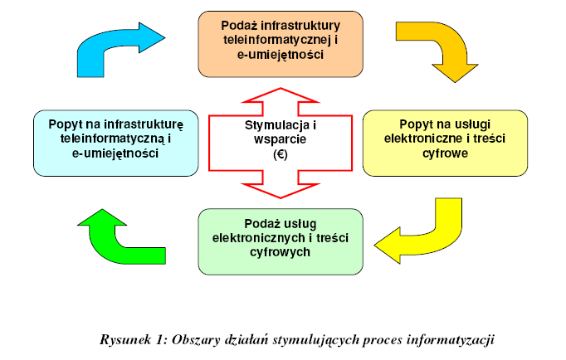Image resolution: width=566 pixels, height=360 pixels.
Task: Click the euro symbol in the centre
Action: click(x=281, y=154)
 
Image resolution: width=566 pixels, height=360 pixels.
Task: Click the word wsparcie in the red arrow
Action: click(x=281, y=139)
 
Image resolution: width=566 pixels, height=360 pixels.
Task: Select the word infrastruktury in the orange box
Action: click(x=300, y=26)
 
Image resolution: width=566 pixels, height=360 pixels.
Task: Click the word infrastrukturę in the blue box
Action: click(x=144, y=124)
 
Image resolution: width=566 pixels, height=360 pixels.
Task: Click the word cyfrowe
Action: click(x=445, y=153)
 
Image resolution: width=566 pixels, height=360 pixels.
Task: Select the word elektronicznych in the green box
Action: click(x=259, y=238)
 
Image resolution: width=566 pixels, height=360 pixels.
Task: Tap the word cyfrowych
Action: click(x=281, y=252)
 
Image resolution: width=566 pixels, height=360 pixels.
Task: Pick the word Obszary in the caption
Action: click(x=196, y=340)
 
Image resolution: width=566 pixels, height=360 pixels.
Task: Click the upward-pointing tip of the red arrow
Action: click(x=281, y=89)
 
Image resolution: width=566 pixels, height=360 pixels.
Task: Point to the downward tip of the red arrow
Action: click(x=281, y=197)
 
